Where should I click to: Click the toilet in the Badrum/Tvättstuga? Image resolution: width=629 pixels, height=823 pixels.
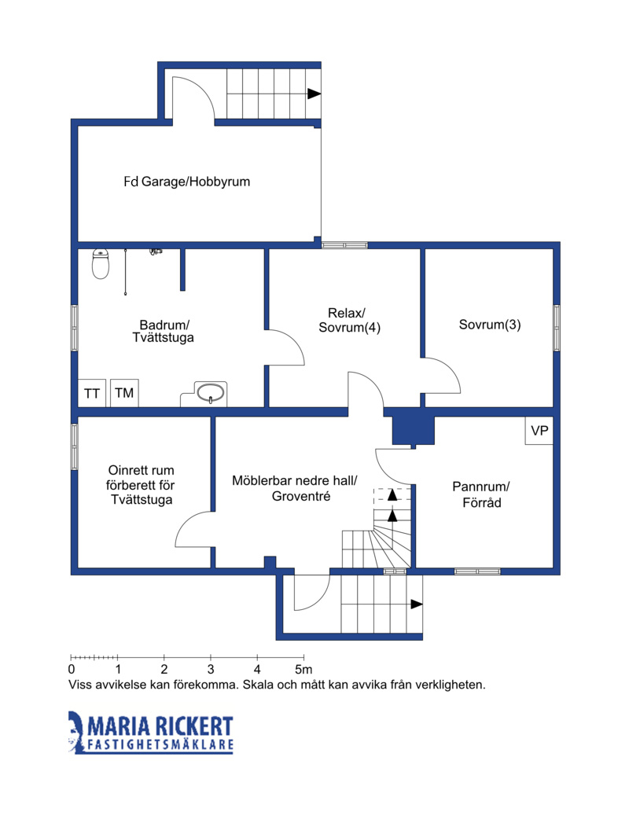tap(101, 264)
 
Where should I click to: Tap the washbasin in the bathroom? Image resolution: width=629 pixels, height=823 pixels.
tap(211, 392)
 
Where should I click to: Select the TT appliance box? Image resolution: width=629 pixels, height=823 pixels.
tap(92, 393)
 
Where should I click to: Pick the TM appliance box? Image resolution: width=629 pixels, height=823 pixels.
tap(124, 393)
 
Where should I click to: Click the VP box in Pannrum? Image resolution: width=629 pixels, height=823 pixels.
tap(539, 431)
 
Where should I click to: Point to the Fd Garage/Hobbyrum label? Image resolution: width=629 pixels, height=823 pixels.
tap(187, 182)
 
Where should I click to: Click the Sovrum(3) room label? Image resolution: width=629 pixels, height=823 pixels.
tap(490, 325)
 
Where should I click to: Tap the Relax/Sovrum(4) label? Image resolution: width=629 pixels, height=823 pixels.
tap(349, 320)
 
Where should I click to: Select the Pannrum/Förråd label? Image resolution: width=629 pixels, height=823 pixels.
tap(481, 494)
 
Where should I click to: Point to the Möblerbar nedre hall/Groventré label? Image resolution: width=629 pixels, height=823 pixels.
tap(295, 488)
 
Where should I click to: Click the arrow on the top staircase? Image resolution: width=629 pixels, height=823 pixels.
tap(314, 94)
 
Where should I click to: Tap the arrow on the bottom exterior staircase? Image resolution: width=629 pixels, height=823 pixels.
tap(417, 604)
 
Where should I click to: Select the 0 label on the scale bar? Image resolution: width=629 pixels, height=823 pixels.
tap(72, 669)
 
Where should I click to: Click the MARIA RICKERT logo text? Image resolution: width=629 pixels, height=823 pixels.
tap(160, 726)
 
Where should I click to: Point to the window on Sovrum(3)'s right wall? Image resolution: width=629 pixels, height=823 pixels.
tap(557, 328)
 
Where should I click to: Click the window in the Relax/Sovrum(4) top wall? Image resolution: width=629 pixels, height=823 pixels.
tap(344, 245)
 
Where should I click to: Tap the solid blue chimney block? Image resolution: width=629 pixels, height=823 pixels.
tap(414, 432)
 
